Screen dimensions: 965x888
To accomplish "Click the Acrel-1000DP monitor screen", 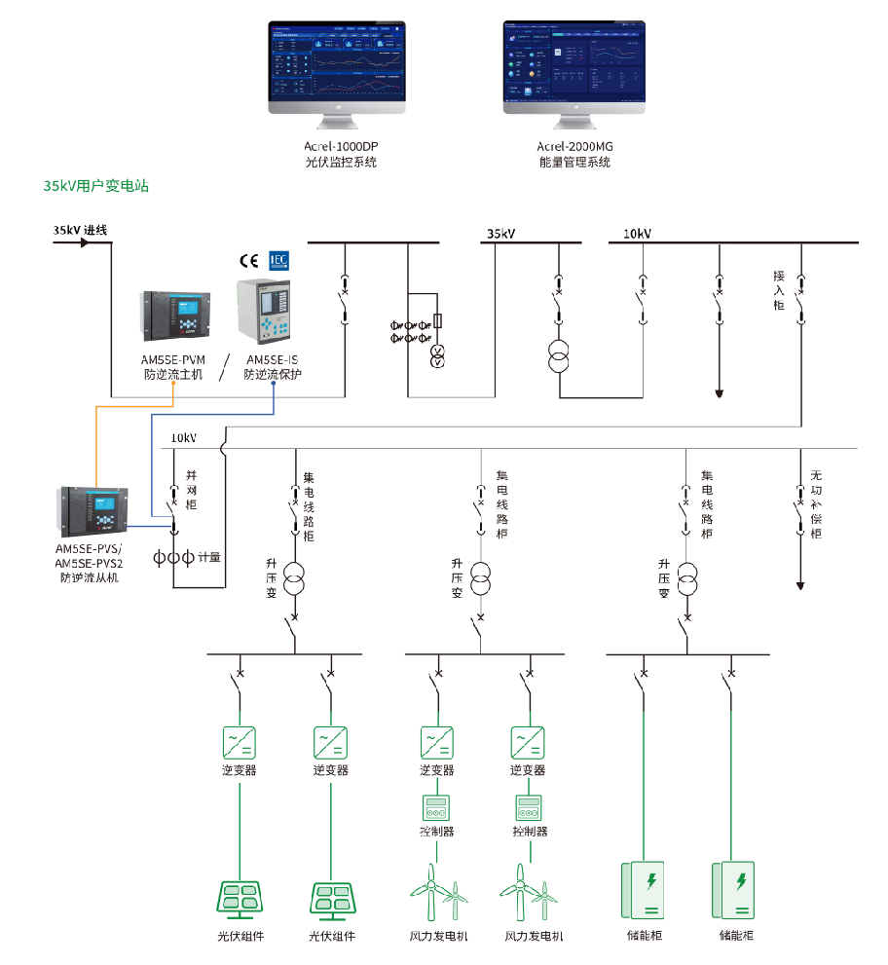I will [336, 62].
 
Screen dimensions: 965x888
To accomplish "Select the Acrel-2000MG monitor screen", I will [573, 62].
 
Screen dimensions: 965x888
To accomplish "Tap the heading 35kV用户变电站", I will [96, 186].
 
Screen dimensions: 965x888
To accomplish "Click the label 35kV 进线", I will [80, 231].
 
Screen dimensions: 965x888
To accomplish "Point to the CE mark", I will [248, 260].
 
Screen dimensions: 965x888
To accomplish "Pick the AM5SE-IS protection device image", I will [266, 311].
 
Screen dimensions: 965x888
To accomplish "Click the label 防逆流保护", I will [272, 375].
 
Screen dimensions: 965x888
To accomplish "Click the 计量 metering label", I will [209, 558].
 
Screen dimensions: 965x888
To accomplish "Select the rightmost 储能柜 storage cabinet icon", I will [735, 889].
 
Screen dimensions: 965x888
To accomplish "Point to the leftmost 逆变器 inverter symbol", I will [240, 742].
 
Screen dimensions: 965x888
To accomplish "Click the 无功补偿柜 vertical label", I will [816, 504].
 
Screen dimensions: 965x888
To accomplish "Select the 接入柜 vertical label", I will [779, 290].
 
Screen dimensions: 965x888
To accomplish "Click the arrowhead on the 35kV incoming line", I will [85, 242].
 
